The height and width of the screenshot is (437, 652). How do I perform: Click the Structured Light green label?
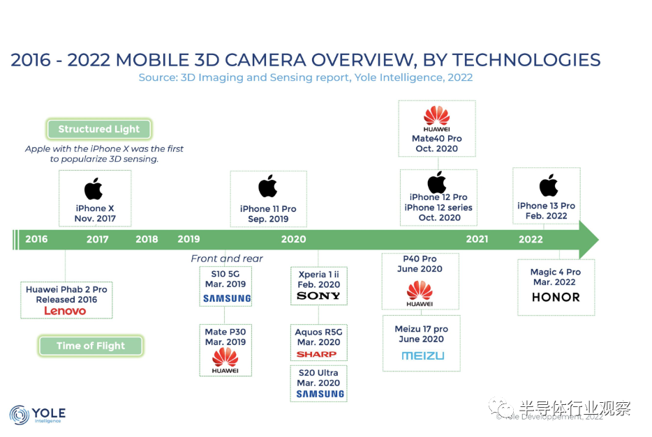[x=99, y=129]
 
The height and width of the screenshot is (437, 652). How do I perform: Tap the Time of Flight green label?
[x=91, y=346]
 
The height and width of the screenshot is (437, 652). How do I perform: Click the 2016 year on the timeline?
[x=36, y=239]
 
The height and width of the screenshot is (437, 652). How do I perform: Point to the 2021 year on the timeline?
[x=477, y=239]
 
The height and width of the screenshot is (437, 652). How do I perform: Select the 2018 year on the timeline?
[x=147, y=239]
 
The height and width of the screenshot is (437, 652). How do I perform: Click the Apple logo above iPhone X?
[x=94, y=189]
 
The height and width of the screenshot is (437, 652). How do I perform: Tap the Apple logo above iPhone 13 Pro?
[x=549, y=185]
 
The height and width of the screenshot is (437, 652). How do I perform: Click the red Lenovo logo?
[x=66, y=311]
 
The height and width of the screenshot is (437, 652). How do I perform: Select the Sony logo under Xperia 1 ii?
[x=318, y=296]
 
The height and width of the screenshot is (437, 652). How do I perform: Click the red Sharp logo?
[x=316, y=355]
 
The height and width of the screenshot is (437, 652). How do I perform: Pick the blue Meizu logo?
[x=423, y=355]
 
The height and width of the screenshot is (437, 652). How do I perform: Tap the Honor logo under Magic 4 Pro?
[x=556, y=297]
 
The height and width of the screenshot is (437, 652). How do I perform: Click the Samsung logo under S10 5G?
[x=227, y=298]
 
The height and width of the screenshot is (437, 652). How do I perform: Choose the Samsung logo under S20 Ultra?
[x=320, y=394]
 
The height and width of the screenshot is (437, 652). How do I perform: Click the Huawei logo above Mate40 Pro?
[x=436, y=118]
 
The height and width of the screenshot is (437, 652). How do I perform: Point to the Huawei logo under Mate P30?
[x=225, y=360]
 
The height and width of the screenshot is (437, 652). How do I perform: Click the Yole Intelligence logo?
[x=38, y=415]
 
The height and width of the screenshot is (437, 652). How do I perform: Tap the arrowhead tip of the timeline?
[x=598, y=240]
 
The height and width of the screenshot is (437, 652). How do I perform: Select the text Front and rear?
[x=227, y=259]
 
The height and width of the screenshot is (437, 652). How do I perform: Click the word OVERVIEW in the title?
[x=364, y=60]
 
